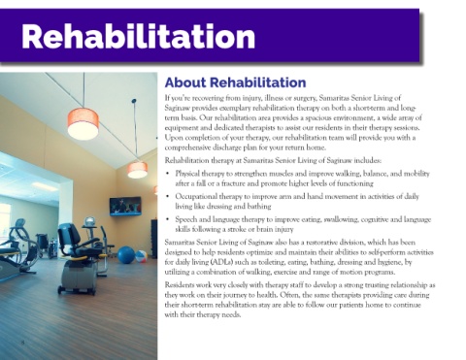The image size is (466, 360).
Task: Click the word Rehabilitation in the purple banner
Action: [138, 36]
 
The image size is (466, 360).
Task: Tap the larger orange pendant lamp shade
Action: [83, 124]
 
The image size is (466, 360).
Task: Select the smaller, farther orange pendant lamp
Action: [138, 170]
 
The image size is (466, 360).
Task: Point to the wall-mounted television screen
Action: [125, 206]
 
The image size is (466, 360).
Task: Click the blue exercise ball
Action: [126, 254]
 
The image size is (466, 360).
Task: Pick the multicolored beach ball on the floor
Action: [141, 256]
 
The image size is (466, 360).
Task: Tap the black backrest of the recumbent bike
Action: [69, 235]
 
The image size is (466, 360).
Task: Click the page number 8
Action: [22, 342]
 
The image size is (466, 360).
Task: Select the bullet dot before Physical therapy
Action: [167, 174]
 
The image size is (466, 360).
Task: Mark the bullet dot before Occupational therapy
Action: [167, 196]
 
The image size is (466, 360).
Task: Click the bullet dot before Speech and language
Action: [167, 219]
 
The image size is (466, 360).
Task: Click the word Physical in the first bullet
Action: [186, 174]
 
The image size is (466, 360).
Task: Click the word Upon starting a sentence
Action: [173, 138]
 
